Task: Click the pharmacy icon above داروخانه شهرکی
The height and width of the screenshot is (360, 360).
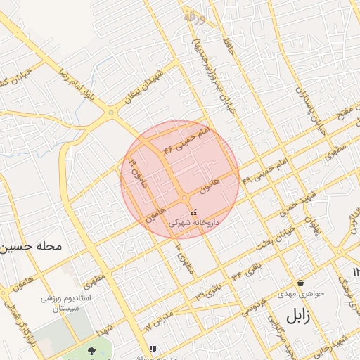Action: coord(193,212)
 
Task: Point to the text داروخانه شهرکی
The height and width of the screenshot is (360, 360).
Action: coord(193,222)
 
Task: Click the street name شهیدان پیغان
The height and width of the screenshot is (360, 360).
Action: coord(148,86)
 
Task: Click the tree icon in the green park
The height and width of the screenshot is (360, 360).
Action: coord(91,349)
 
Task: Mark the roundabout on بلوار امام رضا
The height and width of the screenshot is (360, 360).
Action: coord(111,112)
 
